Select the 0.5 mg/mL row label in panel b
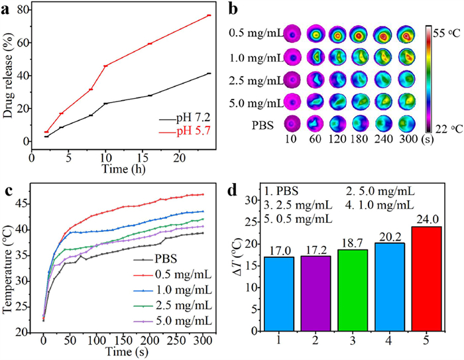click(249, 32)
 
